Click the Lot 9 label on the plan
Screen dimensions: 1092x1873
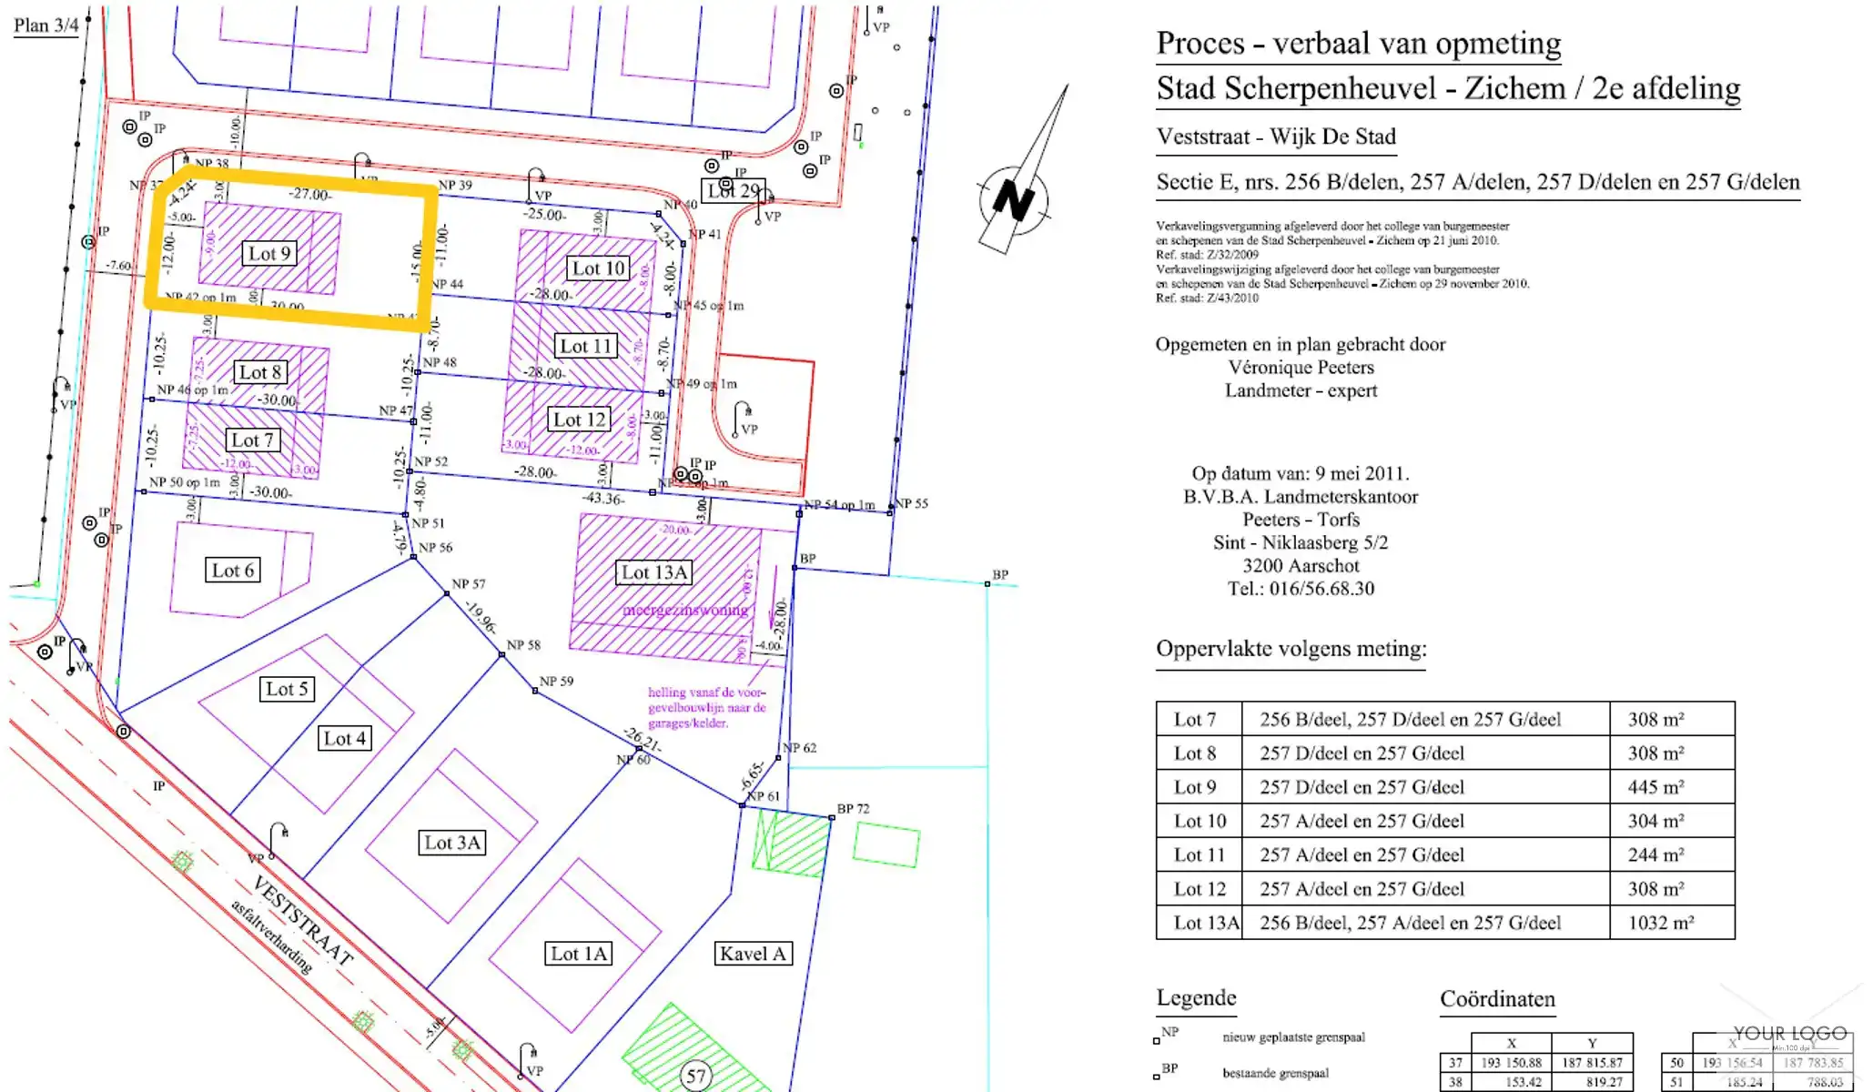click(269, 254)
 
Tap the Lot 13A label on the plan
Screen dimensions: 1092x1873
click(653, 572)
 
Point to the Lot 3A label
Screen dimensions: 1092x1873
click(452, 843)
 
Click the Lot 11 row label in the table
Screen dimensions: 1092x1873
click(1199, 855)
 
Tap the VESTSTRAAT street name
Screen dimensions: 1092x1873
click(302, 921)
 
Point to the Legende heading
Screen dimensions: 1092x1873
click(1196, 998)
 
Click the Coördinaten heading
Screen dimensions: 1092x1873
click(1497, 999)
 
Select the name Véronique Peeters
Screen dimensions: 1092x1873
click(1301, 368)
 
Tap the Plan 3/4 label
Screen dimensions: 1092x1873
click(46, 25)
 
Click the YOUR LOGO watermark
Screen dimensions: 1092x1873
click(1789, 1034)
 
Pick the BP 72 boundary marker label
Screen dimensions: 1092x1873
click(853, 808)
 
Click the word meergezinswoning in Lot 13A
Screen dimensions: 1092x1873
click(684, 610)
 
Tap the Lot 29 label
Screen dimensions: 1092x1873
click(733, 191)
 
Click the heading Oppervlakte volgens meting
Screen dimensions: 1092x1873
click(1291, 649)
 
